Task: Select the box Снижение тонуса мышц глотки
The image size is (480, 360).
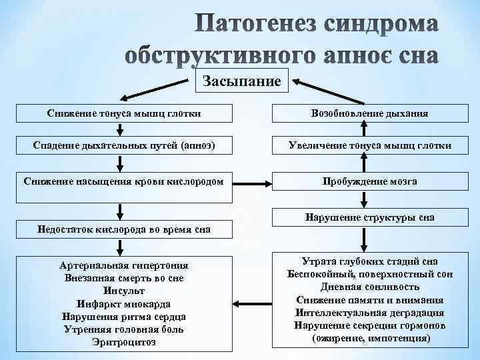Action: pos(125,114)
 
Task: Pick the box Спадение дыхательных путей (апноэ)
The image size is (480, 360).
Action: pos(125,145)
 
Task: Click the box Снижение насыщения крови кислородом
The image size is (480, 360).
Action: pos(125,181)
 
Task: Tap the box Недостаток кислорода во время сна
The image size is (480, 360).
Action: pos(125,230)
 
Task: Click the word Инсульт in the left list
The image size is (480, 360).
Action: pos(124,291)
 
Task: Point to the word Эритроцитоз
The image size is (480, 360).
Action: pos(124,342)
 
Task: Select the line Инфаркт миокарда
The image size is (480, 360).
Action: pos(124,303)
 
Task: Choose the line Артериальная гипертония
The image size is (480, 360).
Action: pos(124,265)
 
